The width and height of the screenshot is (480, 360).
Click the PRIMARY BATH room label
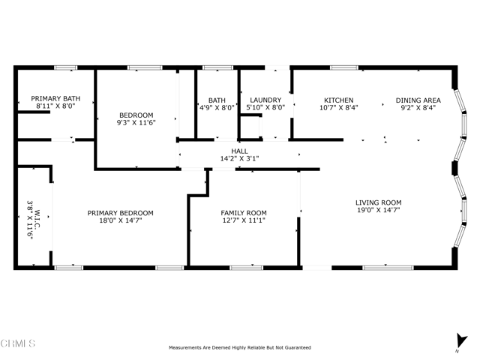point(55,98)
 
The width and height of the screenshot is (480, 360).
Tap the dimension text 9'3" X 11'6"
point(135,124)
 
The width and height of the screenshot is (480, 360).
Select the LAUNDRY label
point(265,100)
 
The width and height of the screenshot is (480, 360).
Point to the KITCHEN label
point(338,100)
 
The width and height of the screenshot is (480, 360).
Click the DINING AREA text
point(418,100)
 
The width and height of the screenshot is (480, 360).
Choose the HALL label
point(239,151)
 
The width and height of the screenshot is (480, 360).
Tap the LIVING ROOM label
point(378,202)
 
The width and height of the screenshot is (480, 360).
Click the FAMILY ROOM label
point(243,212)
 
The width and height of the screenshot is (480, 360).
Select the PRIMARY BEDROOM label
point(120,212)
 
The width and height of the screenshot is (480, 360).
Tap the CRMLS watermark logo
point(19,344)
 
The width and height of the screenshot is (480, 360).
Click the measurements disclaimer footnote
point(239,348)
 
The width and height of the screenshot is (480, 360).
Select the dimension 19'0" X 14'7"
point(378,211)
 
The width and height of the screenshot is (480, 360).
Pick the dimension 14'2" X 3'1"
point(239,159)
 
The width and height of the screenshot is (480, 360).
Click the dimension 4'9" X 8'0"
point(217,108)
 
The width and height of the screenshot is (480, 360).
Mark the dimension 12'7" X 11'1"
point(243,220)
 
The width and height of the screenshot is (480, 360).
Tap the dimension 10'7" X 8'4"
point(338,108)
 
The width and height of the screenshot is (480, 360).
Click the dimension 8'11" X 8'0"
point(55,106)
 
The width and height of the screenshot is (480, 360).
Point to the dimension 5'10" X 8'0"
point(265,108)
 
